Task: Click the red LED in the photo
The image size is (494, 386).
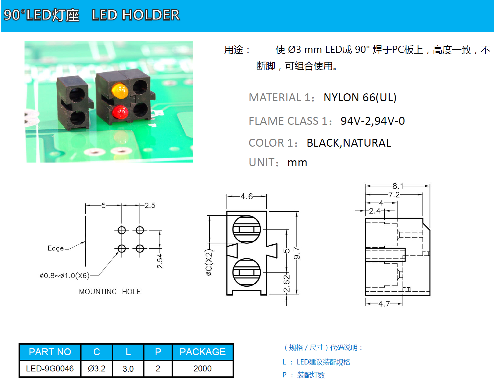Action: (x=120, y=113)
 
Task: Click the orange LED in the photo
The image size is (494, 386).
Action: (x=120, y=90)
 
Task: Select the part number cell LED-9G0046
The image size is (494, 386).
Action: (x=50, y=368)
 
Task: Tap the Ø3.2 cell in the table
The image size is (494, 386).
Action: (x=96, y=368)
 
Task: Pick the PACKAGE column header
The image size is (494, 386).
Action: (x=202, y=352)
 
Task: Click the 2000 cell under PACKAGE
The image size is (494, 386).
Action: (x=202, y=368)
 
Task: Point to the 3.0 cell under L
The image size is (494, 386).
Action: (x=128, y=368)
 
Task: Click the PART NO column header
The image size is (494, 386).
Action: (x=50, y=352)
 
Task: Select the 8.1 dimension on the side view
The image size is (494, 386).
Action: (x=398, y=186)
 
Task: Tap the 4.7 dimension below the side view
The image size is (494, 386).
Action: (x=384, y=304)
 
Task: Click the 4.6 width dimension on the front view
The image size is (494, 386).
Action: (x=247, y=196)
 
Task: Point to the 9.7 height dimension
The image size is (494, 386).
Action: (x=297, y=253)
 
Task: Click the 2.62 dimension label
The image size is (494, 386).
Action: (x=287, y=284)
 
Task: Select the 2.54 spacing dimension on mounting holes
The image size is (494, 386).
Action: (x=160, y=261)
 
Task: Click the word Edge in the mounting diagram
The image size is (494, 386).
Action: (x=55, y=248)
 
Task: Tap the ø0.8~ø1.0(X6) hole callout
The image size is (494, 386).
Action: (x=65, y=275)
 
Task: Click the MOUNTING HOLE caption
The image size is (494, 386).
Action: (x=110, y=292)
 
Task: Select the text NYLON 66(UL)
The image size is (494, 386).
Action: (x=360, y=97)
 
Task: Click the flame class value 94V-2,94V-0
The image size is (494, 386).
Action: (x=372, y=121)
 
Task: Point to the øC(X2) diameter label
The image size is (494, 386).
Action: (x=209, y=263)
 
